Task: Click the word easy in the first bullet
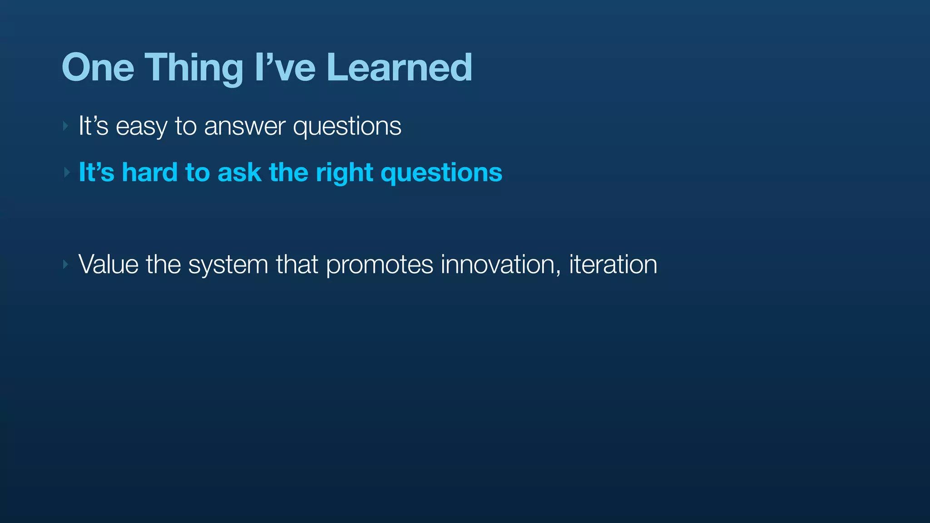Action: (141, 126)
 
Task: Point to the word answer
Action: (245, 126)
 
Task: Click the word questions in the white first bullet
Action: (347, 126)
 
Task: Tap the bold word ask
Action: (239, 173)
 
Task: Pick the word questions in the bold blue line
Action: (441, 173)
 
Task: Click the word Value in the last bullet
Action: (109, 264)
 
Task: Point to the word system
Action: (228, 265)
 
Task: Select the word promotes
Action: (380, 265)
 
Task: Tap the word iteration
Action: (613, 264)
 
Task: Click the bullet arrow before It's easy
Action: (66, 126)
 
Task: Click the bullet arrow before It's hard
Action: (66, 173)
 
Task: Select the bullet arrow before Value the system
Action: (66, 264)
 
